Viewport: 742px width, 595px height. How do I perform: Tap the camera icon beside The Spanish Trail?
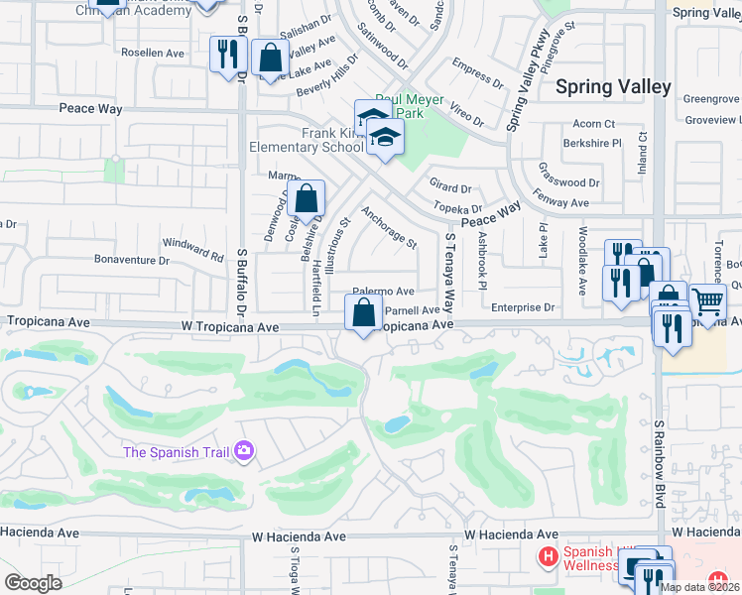243,452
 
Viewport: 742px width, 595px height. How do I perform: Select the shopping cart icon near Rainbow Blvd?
706,300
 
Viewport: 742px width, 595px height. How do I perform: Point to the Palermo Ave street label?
384,292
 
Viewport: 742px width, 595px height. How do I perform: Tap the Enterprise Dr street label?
523,308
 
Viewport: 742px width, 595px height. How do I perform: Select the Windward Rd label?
192,248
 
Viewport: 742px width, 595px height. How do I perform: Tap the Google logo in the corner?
33,583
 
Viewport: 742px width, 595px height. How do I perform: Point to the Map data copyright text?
699,587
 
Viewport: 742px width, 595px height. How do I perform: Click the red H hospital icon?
547,557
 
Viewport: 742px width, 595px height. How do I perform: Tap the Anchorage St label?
389,227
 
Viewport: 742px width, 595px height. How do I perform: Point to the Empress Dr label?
471,73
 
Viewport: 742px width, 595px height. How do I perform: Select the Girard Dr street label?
450,187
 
